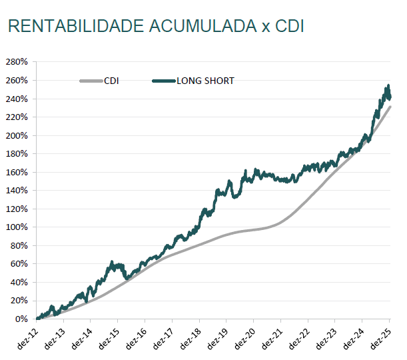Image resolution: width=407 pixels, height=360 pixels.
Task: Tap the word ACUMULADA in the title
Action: tap(201, 26)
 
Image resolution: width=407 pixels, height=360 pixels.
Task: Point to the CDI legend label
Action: tap(111, 81)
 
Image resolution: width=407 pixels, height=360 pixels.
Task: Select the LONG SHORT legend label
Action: tap(205, 81)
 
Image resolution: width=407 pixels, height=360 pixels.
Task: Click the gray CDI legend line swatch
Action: tap(91, 81)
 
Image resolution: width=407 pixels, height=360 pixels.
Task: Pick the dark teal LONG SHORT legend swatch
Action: tap(163, 81)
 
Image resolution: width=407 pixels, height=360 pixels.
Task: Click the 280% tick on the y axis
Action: tap(16, 61)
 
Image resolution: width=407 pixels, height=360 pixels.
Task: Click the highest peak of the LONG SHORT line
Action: tap(388, 86)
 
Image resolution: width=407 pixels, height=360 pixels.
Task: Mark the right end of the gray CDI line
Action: tap(390, 107)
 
